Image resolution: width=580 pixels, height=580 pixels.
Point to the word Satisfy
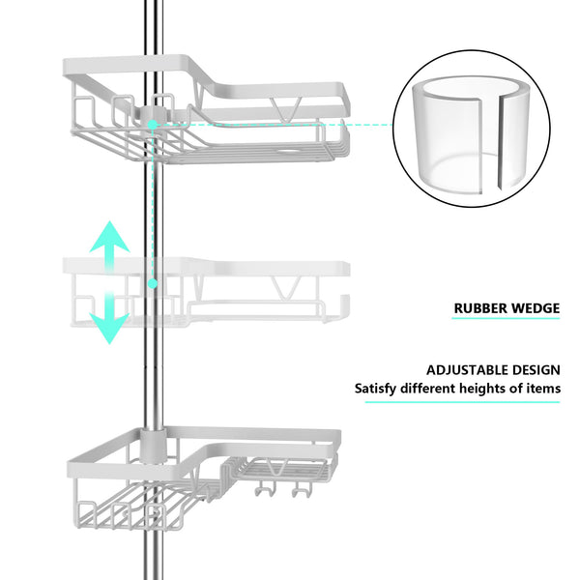pos(377,389)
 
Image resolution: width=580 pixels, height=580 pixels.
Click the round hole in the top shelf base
pos(293,153)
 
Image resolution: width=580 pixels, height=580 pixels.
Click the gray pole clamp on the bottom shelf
pos(150,447)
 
